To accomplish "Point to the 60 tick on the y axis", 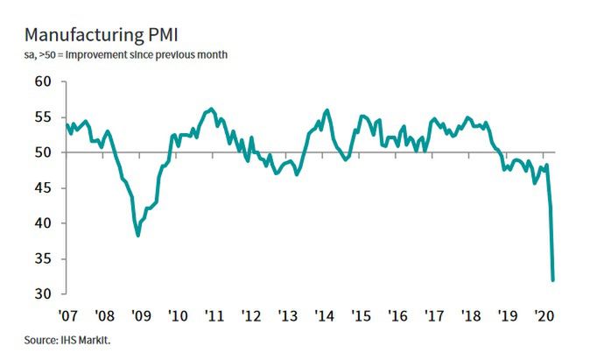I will pos(42,81).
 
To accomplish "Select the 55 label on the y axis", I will pos(42,117).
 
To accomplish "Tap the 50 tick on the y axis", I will pos(42,152).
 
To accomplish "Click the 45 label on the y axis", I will pos(42,187).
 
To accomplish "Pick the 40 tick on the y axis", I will pos(42,223).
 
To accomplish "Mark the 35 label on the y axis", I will pos(42,258).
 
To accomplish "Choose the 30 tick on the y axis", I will pos(42,294).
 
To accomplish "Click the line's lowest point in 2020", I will pos(553,280).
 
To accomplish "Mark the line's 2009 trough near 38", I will pos(138,236).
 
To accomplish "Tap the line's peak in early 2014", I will pos(327,110).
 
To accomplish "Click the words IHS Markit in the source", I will pos(88,339).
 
